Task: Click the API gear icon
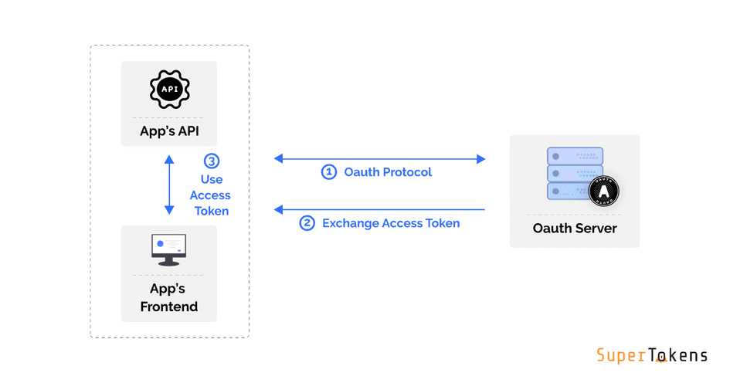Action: (169, 90)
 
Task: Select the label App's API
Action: (169, 130)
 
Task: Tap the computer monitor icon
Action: (169, 249)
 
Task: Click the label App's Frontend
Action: (169, 298)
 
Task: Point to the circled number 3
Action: (211, 161)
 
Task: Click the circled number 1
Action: (329, 171)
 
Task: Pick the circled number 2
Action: (307, 223)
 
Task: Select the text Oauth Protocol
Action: (388, 171)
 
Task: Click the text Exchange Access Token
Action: (391, 223)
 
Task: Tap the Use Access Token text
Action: (210, 195)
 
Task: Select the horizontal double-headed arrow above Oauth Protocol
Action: (379, 159)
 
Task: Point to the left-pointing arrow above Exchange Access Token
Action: (379, 209)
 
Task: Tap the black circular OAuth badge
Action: (603, 191)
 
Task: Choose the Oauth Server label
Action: (575, 229)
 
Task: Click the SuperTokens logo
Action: (652, 355)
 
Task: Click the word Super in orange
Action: (621, 355)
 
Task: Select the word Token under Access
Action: (210, 210)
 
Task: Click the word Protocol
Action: (406, 171)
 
